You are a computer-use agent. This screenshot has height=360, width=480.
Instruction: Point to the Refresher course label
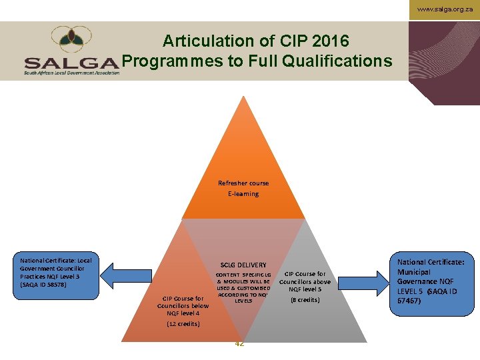[x=243, y=183]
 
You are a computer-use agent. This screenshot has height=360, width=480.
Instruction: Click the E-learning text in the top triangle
[x=243, y=194]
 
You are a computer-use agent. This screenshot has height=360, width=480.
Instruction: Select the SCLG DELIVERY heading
[x=243, y=265]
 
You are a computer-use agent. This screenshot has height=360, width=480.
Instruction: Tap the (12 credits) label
[x=183, y=324]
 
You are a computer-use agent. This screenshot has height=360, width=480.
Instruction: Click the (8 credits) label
[x=305, y=300]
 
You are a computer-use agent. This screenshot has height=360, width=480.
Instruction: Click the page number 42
[x=239, y=343]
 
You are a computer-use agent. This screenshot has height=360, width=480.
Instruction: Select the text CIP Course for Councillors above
[x=305, y=278]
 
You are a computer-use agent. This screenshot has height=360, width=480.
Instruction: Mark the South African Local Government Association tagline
[x=72, y=72]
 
